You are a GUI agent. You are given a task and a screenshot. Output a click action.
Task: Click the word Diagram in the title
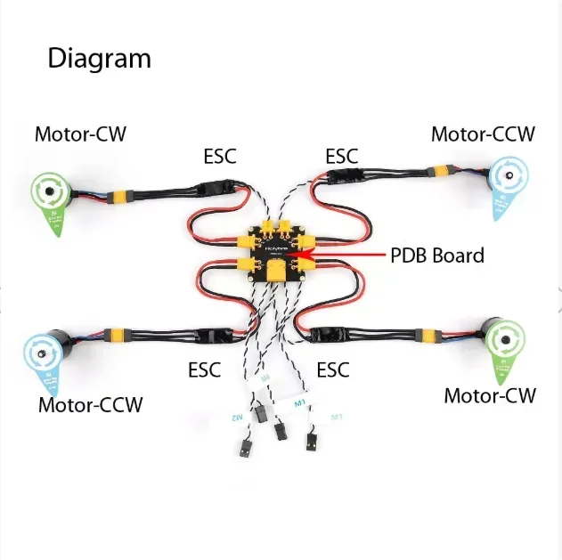(x=99, y=60)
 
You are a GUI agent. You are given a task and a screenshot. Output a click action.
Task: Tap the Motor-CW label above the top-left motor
(x=80, y=134)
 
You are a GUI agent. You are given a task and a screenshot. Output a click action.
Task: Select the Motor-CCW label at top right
(x=483, y=134)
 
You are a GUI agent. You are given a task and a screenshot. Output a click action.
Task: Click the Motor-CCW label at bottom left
(x=90, y=405)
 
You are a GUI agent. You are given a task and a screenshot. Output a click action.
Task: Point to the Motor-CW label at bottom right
(x=490, y=394)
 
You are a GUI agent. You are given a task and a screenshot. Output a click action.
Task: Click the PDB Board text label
(x=437, y=256)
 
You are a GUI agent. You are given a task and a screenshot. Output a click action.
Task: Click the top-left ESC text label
(x=220, y=157)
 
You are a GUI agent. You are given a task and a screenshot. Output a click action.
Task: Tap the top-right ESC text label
(x=341, y=157)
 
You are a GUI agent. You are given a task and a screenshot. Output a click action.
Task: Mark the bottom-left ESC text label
(x=204, y=369)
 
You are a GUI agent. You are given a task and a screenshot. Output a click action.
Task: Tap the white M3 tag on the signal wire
(x=336, y=417)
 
